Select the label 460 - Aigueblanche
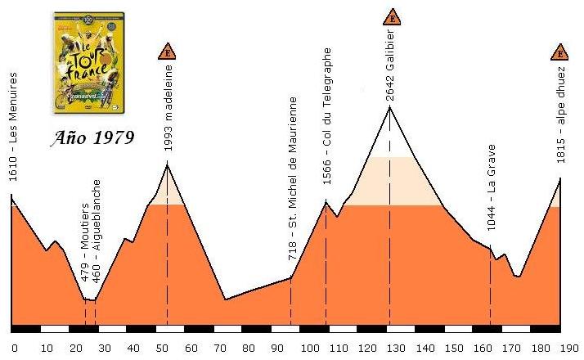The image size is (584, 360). click(x=97, y=232)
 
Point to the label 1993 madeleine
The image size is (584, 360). click(x=168, y=111)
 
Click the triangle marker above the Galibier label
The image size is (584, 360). click(x=391, y=17)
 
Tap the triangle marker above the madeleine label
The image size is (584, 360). click(x=168, y=53)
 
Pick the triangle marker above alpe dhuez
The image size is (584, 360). click(x=560, y=53)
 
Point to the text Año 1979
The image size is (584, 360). click(x=90, y=136)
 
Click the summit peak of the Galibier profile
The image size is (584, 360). click(x=389, y=106)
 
